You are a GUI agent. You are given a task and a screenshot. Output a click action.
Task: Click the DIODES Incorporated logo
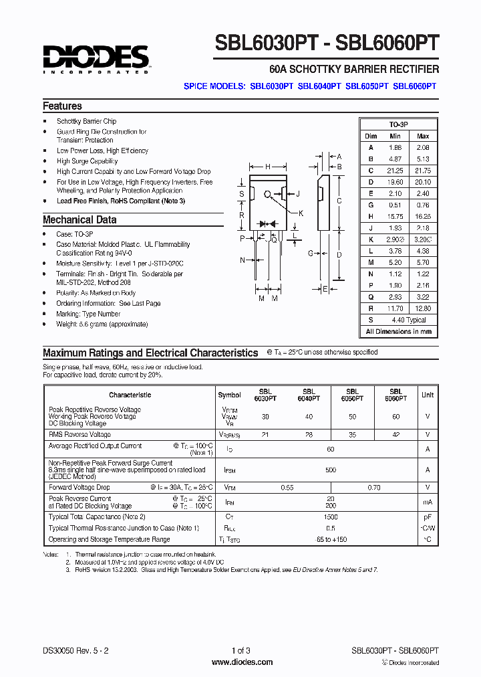point(96,59)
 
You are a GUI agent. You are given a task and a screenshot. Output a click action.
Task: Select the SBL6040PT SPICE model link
point(319,86)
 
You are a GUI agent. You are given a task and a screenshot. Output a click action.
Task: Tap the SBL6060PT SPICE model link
point(414,86)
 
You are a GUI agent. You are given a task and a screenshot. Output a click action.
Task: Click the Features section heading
point(62,106)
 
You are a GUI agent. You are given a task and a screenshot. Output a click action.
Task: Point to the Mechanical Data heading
point(79,220)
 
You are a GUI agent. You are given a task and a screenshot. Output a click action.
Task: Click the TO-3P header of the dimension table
point(399,125)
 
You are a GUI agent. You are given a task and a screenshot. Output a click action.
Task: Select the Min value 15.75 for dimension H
point(395,217)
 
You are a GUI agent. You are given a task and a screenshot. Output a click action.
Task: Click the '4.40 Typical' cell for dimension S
point(409,320)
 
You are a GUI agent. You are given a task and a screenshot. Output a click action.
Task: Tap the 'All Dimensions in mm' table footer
point(399,332)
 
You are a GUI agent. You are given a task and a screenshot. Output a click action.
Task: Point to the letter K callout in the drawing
point(301,213)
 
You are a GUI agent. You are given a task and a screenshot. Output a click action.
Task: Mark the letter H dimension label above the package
point(268,167)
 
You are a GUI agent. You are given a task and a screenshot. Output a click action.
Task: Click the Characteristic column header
point(130,395)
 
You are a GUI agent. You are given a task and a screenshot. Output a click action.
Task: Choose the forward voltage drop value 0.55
point(287,488)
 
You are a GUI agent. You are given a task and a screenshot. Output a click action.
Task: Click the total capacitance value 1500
point(331,517)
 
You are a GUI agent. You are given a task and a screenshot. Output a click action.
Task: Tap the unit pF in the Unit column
point(428,517)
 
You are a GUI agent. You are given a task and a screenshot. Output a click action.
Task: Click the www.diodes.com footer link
point(242,662)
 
